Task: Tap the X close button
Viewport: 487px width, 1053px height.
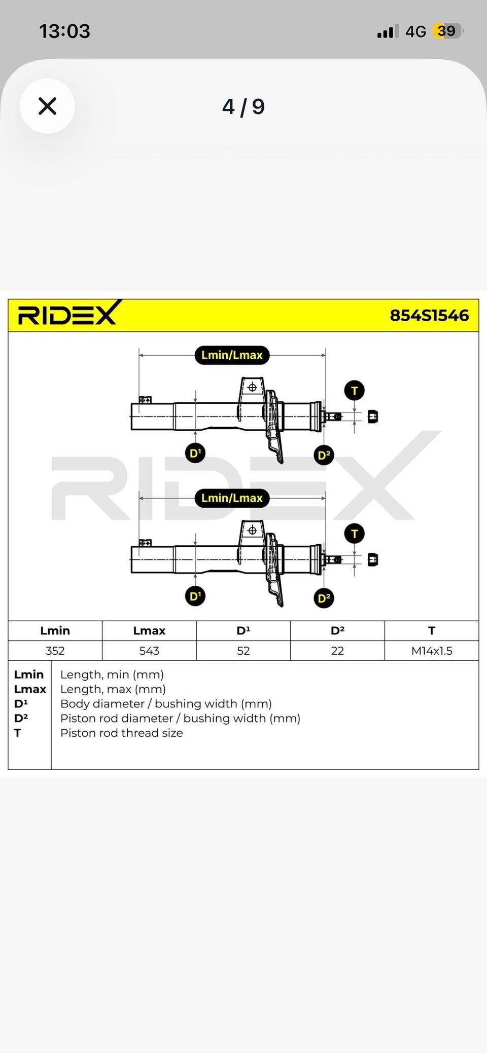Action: click(47, 106)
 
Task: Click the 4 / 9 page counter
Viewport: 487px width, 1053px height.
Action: click(243, 107)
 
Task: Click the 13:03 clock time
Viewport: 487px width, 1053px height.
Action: click(64, 31)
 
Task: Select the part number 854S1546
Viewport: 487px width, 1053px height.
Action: click(429, 315)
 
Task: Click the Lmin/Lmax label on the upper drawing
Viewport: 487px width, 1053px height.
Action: click(232, 355)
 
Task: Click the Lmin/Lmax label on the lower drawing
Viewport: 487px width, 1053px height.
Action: click(232, 498)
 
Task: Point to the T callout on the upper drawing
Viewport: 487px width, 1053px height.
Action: click(354, 391)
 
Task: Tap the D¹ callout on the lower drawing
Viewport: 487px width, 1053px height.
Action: click(195, 596)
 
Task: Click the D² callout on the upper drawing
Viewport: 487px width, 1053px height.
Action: click(324, 455)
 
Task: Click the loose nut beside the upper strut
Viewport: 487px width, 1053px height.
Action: click(373, 417)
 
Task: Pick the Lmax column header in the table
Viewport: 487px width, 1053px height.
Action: click(149, 630)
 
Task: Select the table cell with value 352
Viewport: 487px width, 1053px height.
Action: click(55, 651)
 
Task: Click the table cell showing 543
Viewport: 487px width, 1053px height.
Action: click(149, 651)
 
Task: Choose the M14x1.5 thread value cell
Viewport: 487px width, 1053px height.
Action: click(432, 651)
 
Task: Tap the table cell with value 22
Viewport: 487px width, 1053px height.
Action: click(337, 651)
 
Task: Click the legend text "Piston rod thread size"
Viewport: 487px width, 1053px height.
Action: click(122, 733)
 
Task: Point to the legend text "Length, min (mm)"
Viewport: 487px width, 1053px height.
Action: click(112, 675)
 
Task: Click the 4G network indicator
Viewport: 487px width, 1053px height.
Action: click(415, 31)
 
